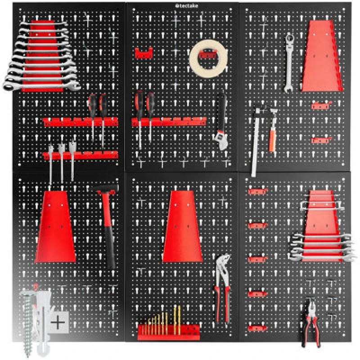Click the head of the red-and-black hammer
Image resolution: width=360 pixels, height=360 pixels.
107,189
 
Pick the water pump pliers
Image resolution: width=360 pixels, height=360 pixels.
222,288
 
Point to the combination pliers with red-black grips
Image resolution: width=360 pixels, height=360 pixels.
310,322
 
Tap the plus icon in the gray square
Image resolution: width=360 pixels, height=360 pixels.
58,322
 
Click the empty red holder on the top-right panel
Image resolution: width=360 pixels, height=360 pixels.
321,56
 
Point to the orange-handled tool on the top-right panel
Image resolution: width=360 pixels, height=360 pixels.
273,135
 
